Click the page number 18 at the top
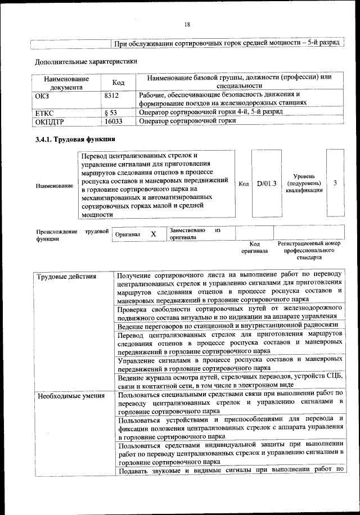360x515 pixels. coord(187,24)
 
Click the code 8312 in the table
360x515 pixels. coord(112,96)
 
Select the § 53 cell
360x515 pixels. coord(111,112)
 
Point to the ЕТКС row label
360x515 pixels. coord(44,112)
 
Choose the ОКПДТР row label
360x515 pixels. coord(49,121)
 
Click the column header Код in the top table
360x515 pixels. coord(118,83)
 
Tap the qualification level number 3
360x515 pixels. coord(335,183)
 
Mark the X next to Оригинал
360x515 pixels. coord(153,234)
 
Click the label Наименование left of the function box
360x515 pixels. coord(54,186)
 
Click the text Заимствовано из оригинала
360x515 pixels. coord(195,234)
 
